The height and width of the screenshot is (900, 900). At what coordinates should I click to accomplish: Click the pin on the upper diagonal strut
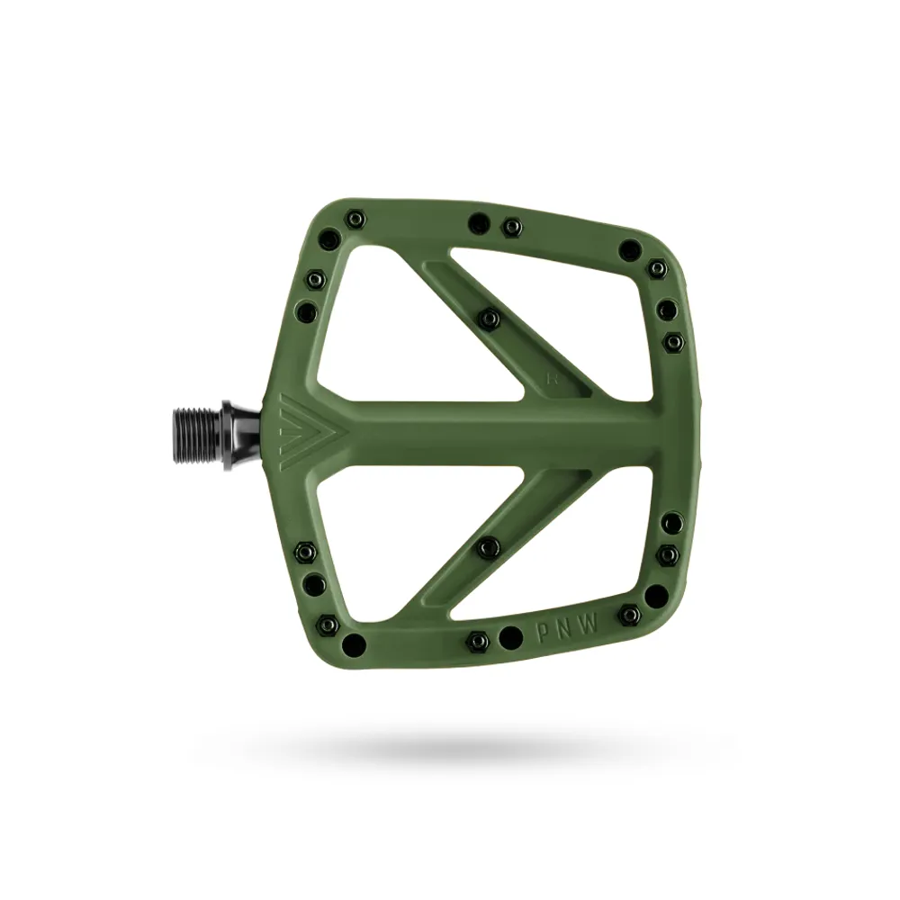click(489, 317)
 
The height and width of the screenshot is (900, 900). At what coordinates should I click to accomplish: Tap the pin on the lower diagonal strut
click(489, 544)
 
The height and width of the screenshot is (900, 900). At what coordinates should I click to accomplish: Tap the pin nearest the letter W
click(631, 615)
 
